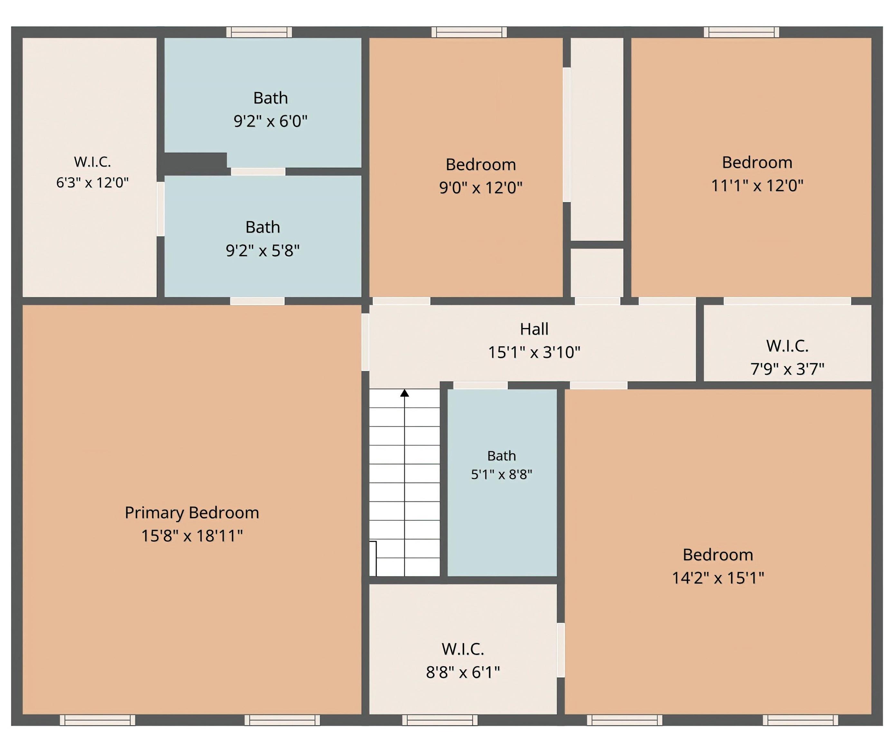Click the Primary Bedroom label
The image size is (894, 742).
pos(192,513)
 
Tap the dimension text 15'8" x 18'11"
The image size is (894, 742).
pos(192,536)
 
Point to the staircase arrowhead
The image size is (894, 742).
pos(404,393)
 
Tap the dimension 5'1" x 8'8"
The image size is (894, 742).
pos(501,474)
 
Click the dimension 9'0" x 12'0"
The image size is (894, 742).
pos(480,187)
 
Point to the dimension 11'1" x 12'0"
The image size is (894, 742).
pos(757,185)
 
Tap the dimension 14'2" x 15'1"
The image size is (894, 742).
pos(718,578)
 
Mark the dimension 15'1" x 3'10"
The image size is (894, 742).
pos(534,352)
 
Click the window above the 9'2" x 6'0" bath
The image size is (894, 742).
pos(259,32)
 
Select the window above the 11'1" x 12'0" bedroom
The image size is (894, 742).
pos(742,32)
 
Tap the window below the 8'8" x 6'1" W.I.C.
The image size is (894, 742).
pos(440,720)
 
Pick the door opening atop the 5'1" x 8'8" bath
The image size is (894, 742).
pos(480,385)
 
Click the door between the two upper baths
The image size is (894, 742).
pos(258,172)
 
